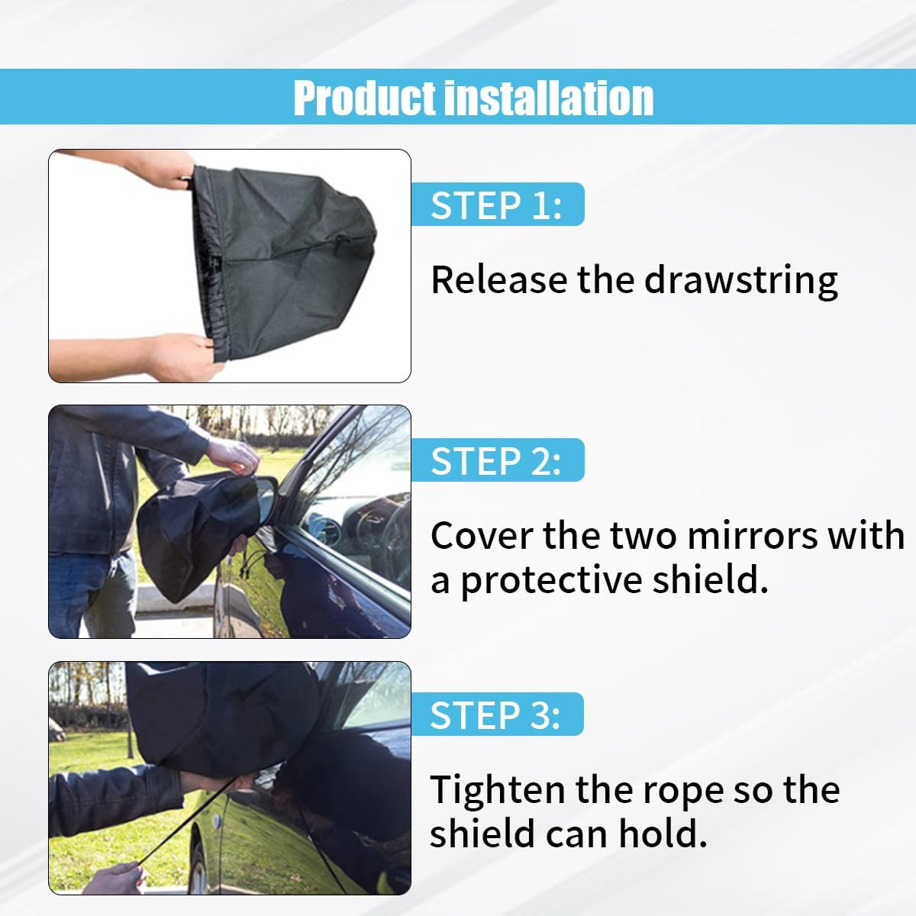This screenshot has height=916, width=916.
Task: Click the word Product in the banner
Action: (x=364, y=98)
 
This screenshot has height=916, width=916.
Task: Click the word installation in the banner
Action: (x=549, y=98)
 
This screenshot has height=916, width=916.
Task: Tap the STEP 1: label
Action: (x=496, y=205)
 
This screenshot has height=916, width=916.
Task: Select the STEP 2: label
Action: (x=496, y=460)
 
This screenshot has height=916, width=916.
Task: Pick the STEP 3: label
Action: (x=495, y=715)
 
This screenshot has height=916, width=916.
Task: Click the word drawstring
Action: (x=740, y=280)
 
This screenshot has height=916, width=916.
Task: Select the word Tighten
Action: (x=498, y=789)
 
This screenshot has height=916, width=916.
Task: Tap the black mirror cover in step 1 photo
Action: (x=283, y=263)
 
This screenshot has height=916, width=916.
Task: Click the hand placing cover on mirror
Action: (x=233, y=456)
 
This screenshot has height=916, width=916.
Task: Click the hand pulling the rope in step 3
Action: (x=114, y=879)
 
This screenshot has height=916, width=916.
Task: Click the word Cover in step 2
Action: (x=482, y=535)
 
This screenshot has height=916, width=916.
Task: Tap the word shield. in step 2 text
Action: (x=710, y=580)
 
